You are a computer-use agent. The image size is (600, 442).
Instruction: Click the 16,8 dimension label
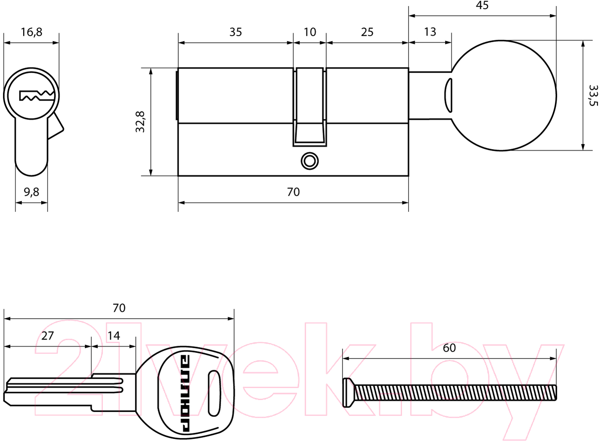tap(32, 32)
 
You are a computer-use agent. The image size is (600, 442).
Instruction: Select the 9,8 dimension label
tap(31, 192)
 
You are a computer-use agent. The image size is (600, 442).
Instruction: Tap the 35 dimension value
tap(235, 32)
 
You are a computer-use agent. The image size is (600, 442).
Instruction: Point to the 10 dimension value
tap(309, 32)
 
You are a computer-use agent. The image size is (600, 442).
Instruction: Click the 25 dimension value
tap(367, 32)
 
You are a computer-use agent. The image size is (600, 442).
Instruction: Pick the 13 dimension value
tap(430, 32)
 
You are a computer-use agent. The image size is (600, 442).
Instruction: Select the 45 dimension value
tap(482, 6)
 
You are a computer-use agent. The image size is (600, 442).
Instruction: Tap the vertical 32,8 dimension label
tap(140, 122)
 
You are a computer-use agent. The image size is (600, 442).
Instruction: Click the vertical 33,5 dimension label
tap(593, 96)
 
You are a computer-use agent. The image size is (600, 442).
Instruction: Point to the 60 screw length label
tap(449, 348)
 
